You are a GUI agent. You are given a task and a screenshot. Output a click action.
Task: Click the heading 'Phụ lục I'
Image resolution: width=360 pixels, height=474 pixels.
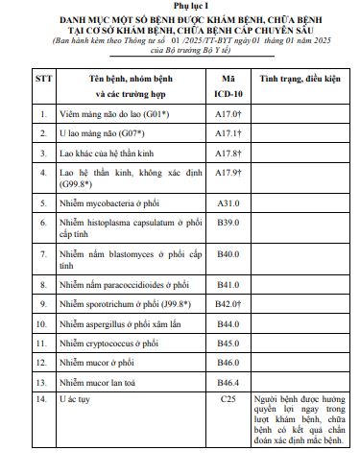coord(179,8)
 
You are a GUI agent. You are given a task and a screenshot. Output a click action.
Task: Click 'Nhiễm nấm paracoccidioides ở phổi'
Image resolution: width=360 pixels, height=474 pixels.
coord(124,286)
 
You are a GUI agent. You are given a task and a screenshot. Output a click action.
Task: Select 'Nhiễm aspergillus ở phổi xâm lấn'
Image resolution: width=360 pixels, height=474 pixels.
coord(120,323)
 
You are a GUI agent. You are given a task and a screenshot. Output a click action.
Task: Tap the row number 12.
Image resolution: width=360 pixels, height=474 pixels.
coord(42,362)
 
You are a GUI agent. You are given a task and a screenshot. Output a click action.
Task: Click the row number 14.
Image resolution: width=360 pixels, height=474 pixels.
coord(42,397)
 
